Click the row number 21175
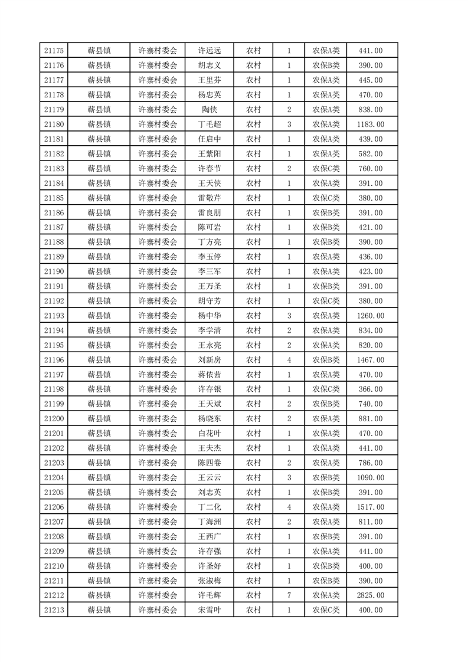point(54,51)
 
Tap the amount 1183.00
point(371,124)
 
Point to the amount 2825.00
point(371,596)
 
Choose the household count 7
point(289,596)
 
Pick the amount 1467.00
point(371,360)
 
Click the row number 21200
point(54,419)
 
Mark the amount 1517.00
point(371,507)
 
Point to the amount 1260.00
point(371,316)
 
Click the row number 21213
point(54,611)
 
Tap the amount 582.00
point(371,154)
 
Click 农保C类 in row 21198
point(326,389)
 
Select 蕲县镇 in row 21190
point(99,271)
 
